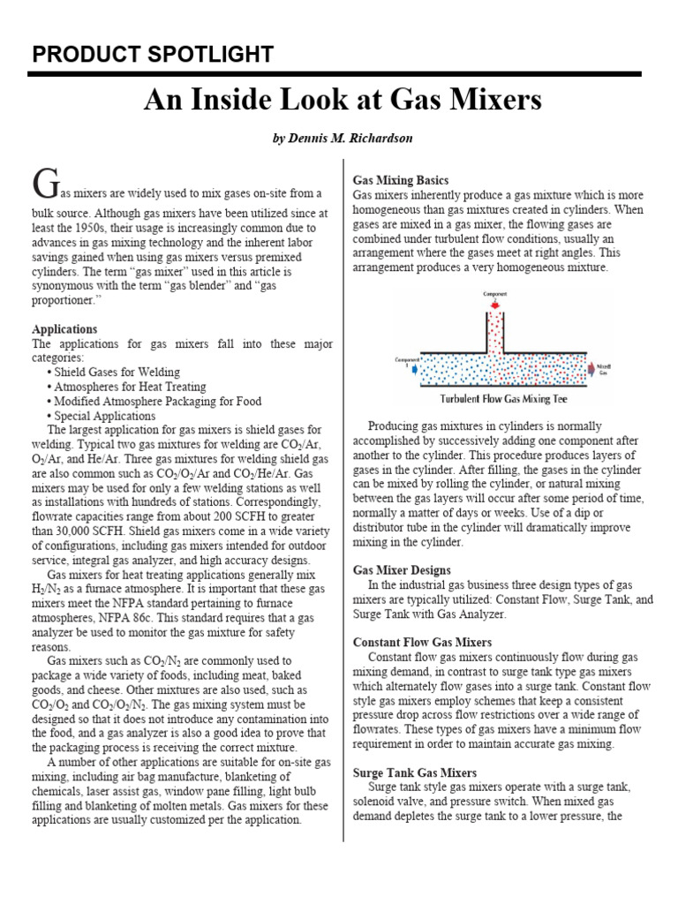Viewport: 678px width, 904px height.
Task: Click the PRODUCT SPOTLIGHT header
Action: click(x=153, y=55)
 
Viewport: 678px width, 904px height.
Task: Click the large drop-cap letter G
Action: click(x=46, y=183)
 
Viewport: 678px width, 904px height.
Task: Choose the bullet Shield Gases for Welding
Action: click(x=117, y=373)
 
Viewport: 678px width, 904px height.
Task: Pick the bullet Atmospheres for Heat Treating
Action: click(x=130, y=387)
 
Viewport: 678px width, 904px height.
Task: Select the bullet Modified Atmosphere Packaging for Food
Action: click(x=157, y=401)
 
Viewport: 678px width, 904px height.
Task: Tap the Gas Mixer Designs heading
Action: click(x=402, y=570)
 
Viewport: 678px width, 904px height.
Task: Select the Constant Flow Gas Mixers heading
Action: click(x=422, y=642)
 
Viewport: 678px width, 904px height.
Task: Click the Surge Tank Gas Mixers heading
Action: click(x=414, y=772)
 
